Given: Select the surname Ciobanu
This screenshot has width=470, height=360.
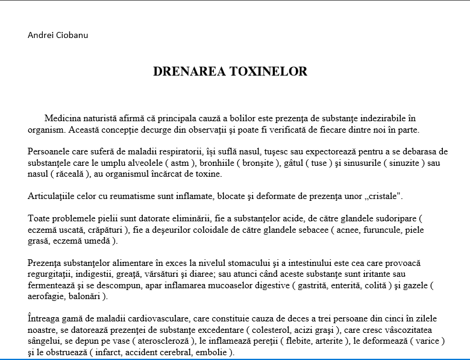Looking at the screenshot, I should click(71, 34).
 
